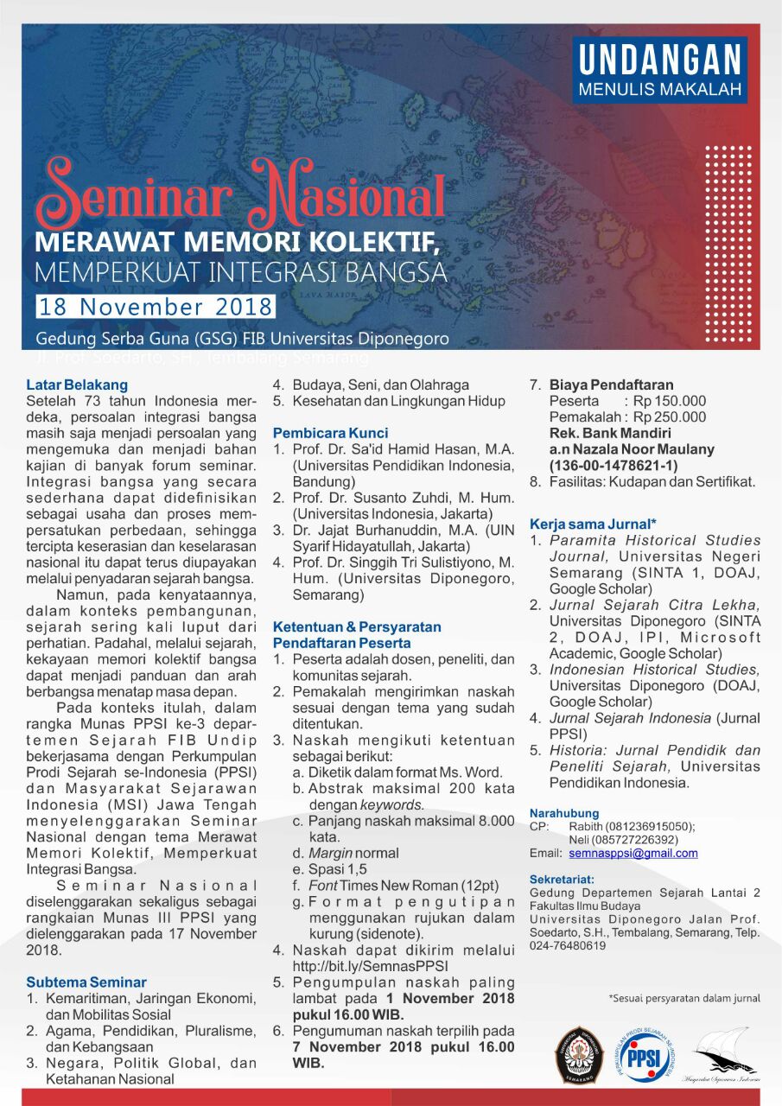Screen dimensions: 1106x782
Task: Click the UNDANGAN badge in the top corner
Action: [659, 70]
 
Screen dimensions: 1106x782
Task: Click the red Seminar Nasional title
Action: [240, 193]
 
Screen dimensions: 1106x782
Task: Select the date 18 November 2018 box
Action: [156, 307]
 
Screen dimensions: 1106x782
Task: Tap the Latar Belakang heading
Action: [77, 385]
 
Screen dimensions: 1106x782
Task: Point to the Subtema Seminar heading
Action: [86, 982]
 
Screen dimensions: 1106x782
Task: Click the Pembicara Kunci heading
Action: [331, 433]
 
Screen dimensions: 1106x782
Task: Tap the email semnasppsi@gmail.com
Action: [633, 853]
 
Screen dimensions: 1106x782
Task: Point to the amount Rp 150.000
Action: [670, 401]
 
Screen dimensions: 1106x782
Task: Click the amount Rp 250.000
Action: [670, 417]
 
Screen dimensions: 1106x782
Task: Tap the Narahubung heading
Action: [564, 813]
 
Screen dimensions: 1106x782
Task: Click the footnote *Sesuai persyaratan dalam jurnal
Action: [684, 998]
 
